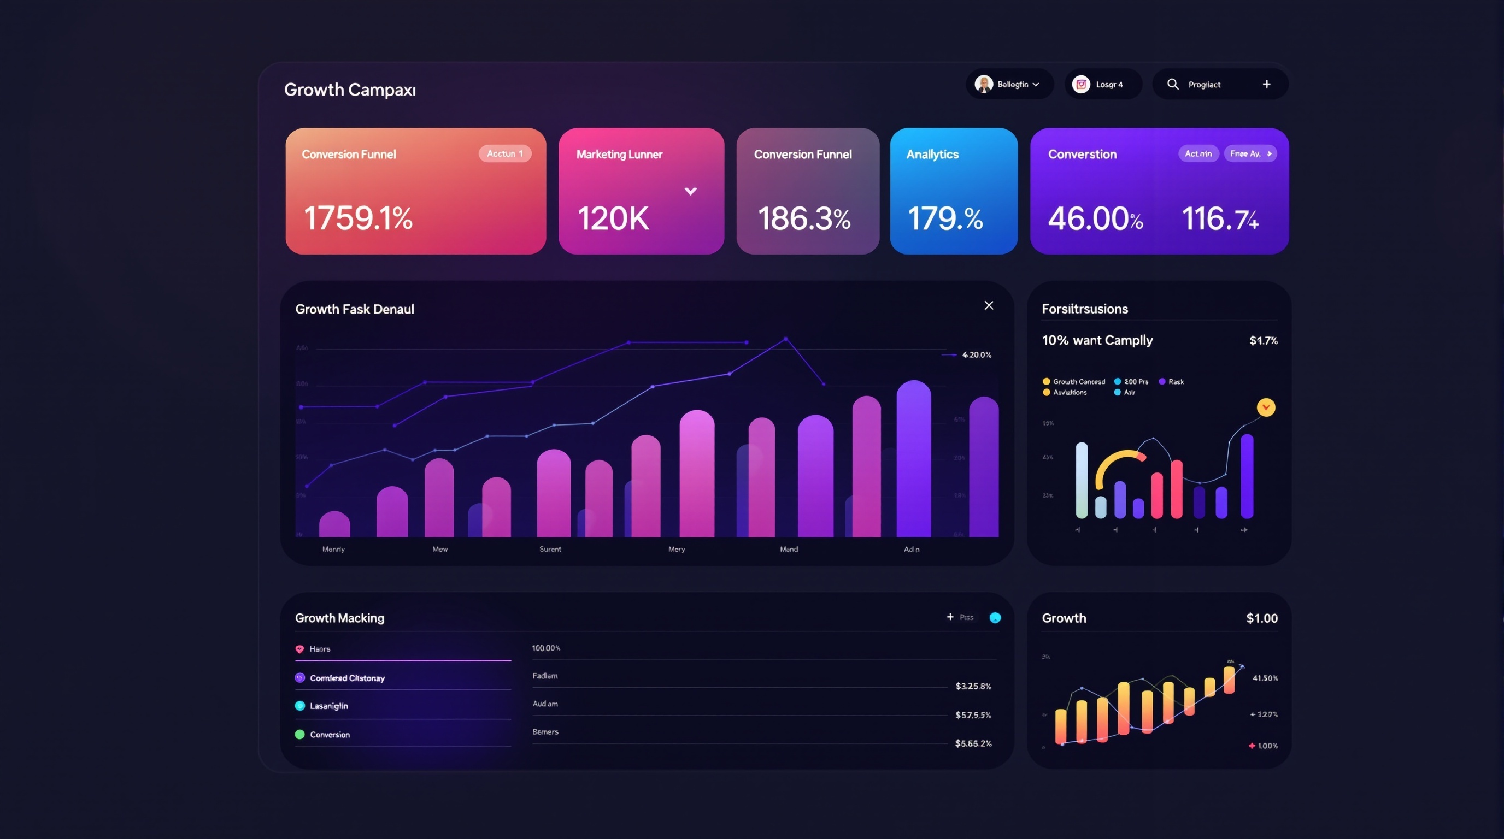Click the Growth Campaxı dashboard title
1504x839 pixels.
(x=350, y=90)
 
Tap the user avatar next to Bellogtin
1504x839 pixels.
(x=984, y=84)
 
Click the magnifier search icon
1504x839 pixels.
(x=1172, y=84)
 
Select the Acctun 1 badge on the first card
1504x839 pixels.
(x=504, y=153)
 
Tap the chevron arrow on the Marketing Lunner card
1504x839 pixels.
(x=690, y=191)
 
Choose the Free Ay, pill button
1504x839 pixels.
(x=1250, y=153)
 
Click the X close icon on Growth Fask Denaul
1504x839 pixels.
(x=989, y=305)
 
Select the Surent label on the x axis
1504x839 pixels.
(x=550, y=549)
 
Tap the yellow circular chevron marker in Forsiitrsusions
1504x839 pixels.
(x=1266, y=407)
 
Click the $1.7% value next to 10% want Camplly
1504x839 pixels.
(x=1263, y=341)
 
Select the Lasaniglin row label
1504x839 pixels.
(x=328, y=706)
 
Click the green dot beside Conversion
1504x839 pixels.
(x=299, y=735)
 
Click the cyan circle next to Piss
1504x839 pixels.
(x=995, y=618)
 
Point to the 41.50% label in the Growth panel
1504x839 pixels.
(x=1265, y=678)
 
